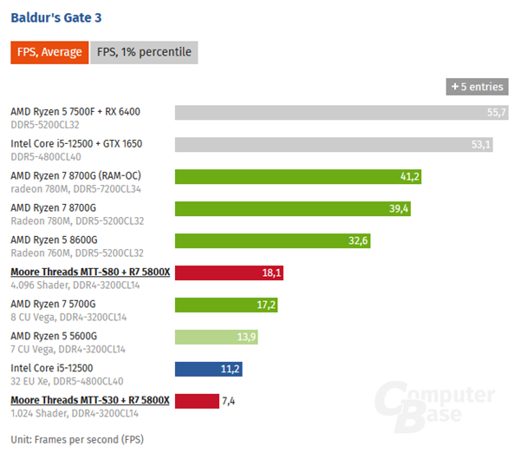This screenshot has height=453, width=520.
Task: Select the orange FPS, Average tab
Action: [x=49, y=52]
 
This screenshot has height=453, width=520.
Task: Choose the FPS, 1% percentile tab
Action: [x=145, y=52]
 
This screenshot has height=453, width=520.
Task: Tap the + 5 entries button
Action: [x=477, y=88]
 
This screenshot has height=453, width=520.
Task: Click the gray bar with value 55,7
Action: [x=341, y=113]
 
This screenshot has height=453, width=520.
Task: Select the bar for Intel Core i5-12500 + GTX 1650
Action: [x=334, y=145]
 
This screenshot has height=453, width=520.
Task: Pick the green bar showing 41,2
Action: [x=298, y=177]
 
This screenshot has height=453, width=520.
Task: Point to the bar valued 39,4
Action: [x=294, y=209]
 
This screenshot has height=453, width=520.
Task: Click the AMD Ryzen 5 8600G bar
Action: [x=273, y=241]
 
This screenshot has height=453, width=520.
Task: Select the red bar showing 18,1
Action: [x=230, y=272]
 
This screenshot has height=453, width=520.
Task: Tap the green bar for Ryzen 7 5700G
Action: [x=227, y=305]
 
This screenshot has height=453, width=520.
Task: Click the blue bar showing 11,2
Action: [x=209, y=369]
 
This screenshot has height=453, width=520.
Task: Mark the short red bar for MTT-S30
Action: [x=197, y=401]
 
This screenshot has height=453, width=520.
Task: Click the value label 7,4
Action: [x=230, y=401]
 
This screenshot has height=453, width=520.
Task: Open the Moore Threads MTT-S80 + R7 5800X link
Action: [x=90, y=272]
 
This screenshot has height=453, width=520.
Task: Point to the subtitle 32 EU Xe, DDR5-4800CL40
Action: [x=66, y=381]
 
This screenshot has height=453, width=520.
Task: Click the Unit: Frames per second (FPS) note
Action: [x=77, y=439]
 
